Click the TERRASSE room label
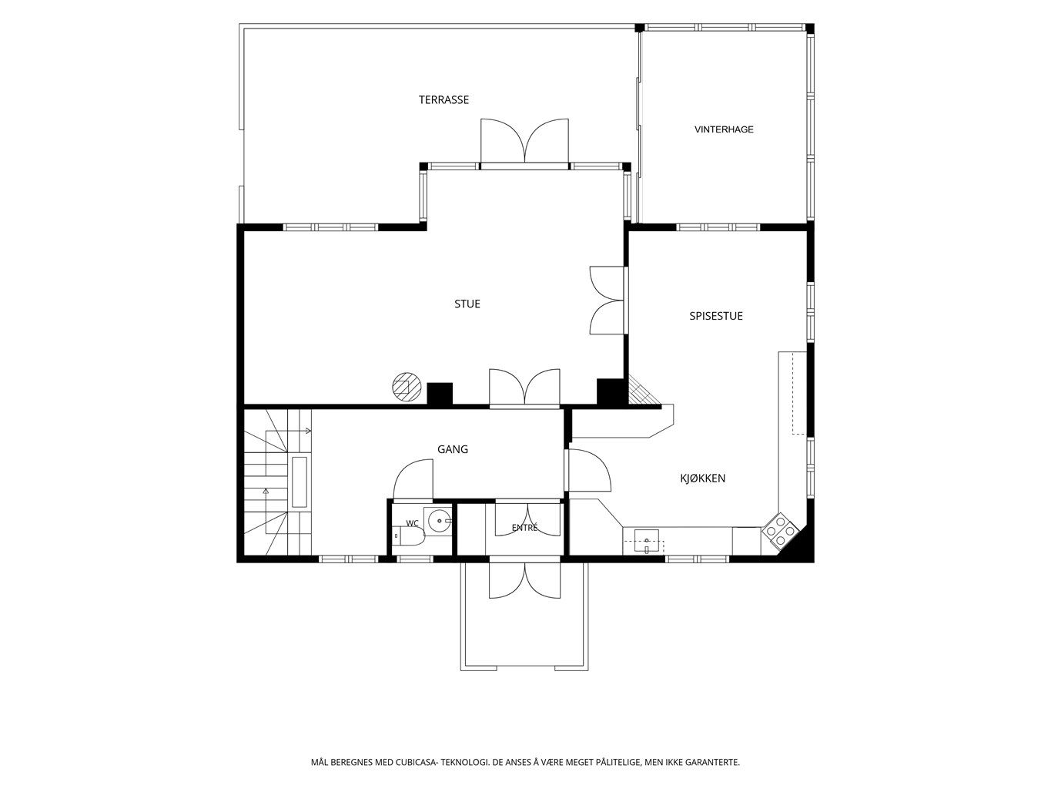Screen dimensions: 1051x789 pos(443,99)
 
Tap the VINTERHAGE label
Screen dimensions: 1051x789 pos(724,129)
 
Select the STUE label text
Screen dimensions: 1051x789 pos(467,304)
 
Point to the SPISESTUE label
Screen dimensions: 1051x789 pos(716,316)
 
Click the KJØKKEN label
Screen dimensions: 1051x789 pos(702,478)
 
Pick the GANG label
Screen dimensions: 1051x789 pos(453,449)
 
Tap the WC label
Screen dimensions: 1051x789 pos(412,523)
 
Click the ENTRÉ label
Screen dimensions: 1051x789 pos(524,528)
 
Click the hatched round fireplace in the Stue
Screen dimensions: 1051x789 pos(407,387)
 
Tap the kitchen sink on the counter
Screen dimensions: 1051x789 pos(647,542)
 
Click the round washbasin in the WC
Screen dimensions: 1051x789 pos(439,520)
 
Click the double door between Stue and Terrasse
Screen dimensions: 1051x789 pos(525,141)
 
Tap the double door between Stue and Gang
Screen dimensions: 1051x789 pos(524,387)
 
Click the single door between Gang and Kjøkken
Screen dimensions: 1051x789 pos(588,471)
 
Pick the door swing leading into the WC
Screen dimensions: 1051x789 pos(413,478)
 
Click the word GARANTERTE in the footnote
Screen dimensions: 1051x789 pos(715,763)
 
